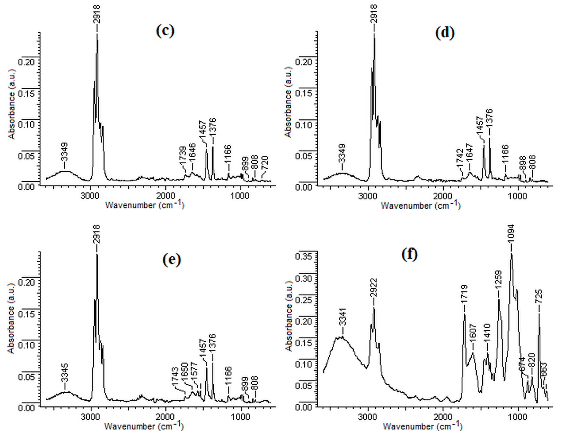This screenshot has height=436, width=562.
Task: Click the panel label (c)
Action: coord(165,31)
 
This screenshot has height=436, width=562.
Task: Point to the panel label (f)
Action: coord(409,254)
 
